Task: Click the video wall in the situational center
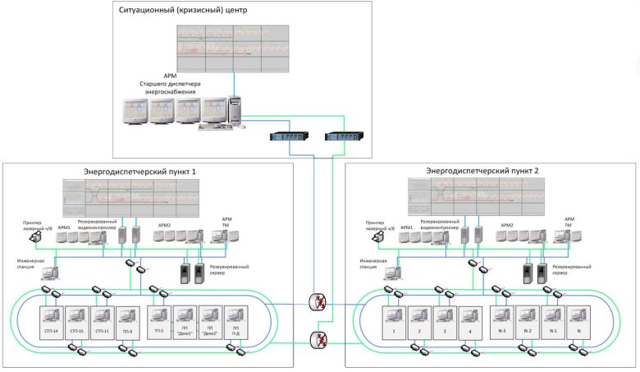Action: (233, 48)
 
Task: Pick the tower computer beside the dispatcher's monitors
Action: (235, 113)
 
